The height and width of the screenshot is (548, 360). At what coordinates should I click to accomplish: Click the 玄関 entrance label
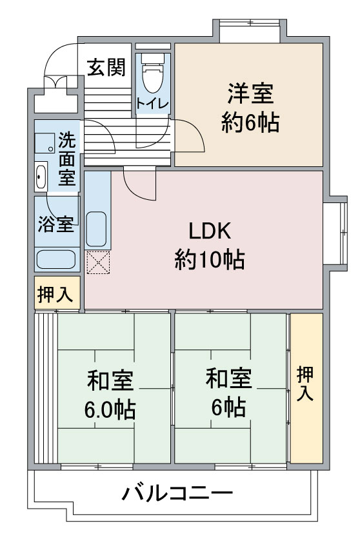coord(106,67)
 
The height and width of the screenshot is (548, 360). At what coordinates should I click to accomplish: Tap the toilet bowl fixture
coord(153,75)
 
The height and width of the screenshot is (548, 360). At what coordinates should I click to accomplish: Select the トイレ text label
coord(153,103)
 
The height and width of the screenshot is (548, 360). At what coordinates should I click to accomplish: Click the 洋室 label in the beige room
coord(250,93)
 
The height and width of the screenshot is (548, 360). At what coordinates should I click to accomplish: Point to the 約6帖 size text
coord(250,122)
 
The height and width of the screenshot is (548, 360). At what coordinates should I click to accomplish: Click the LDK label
coord(210,231)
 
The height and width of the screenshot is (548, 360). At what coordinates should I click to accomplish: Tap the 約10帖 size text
coord(210,259)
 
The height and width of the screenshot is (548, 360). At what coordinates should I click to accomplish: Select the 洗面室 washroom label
coord(67,159)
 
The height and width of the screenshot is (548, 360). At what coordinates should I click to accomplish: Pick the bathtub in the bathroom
coord(56,259)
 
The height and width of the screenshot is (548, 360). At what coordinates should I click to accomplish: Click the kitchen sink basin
coord(96,229)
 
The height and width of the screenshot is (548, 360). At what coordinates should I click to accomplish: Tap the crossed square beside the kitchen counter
coord(98,262)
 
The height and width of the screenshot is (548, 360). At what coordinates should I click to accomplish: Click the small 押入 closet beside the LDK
coord(56,294)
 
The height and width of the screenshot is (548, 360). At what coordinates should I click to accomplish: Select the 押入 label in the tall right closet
coord(305,383)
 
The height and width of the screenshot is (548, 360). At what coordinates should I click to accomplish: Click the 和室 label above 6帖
coord(229,378)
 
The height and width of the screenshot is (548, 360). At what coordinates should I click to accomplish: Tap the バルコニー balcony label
coord(177,493)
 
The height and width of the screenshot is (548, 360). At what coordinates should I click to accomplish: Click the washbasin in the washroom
coord(41,177)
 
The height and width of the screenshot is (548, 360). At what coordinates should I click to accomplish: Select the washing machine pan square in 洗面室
coord(45,143)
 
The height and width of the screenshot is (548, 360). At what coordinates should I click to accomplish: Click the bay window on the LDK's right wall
coord(335,233)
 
